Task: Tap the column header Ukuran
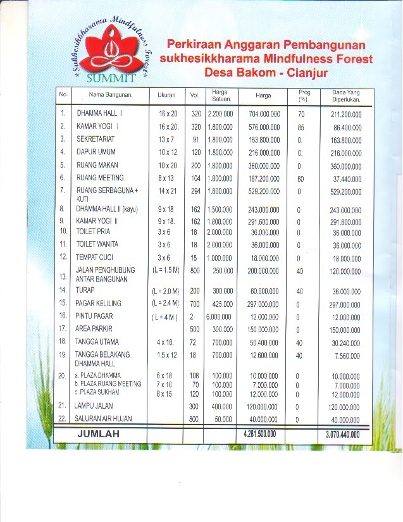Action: click(x=166, y=96)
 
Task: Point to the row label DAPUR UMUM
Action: click(x=97, y=152)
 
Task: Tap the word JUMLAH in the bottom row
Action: click(x=99, y=434)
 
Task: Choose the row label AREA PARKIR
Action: click(x=94, y=329)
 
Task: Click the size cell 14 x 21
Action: click(x=167, y=190)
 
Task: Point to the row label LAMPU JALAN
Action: click(x=96, y=406)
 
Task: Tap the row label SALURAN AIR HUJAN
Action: click(x=104, y=419)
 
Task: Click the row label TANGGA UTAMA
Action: click(x=98, y=342)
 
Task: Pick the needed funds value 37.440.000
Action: click(x=346, y=179)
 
